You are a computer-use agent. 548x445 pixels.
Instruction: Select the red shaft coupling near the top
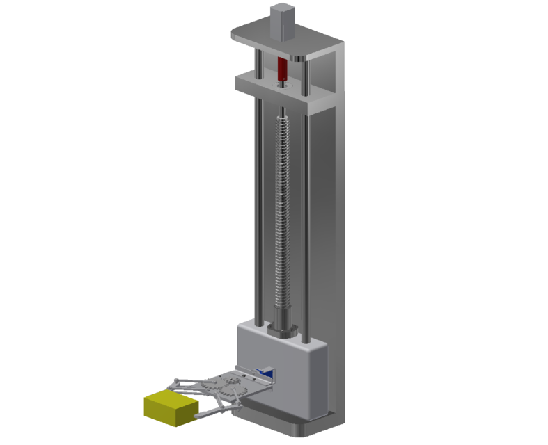[282, 69]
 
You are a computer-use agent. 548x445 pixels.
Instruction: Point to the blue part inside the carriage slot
[265, 372]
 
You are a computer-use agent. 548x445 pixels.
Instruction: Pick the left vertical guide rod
[259, 209]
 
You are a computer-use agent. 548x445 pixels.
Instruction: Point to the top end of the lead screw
[284, 111]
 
